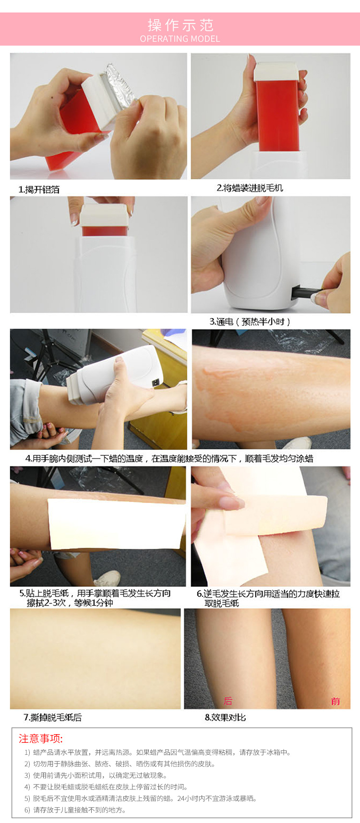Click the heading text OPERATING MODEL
click(x=180, y=39)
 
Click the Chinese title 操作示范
click(x=180, y=25)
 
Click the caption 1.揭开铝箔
click(x=39, y=190)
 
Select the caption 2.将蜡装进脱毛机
click(x=250, y=188)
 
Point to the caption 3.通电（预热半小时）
click(x=250, y=322)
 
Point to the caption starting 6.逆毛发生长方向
click(x=268, y=598)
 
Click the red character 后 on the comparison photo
click(x=228, y=701)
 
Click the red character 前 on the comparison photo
click(x=335, y=702)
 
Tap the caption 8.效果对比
click(x=225, y=717)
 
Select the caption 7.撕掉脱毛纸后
click(x=53, y=717)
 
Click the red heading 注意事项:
click(x=41, y=738)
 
